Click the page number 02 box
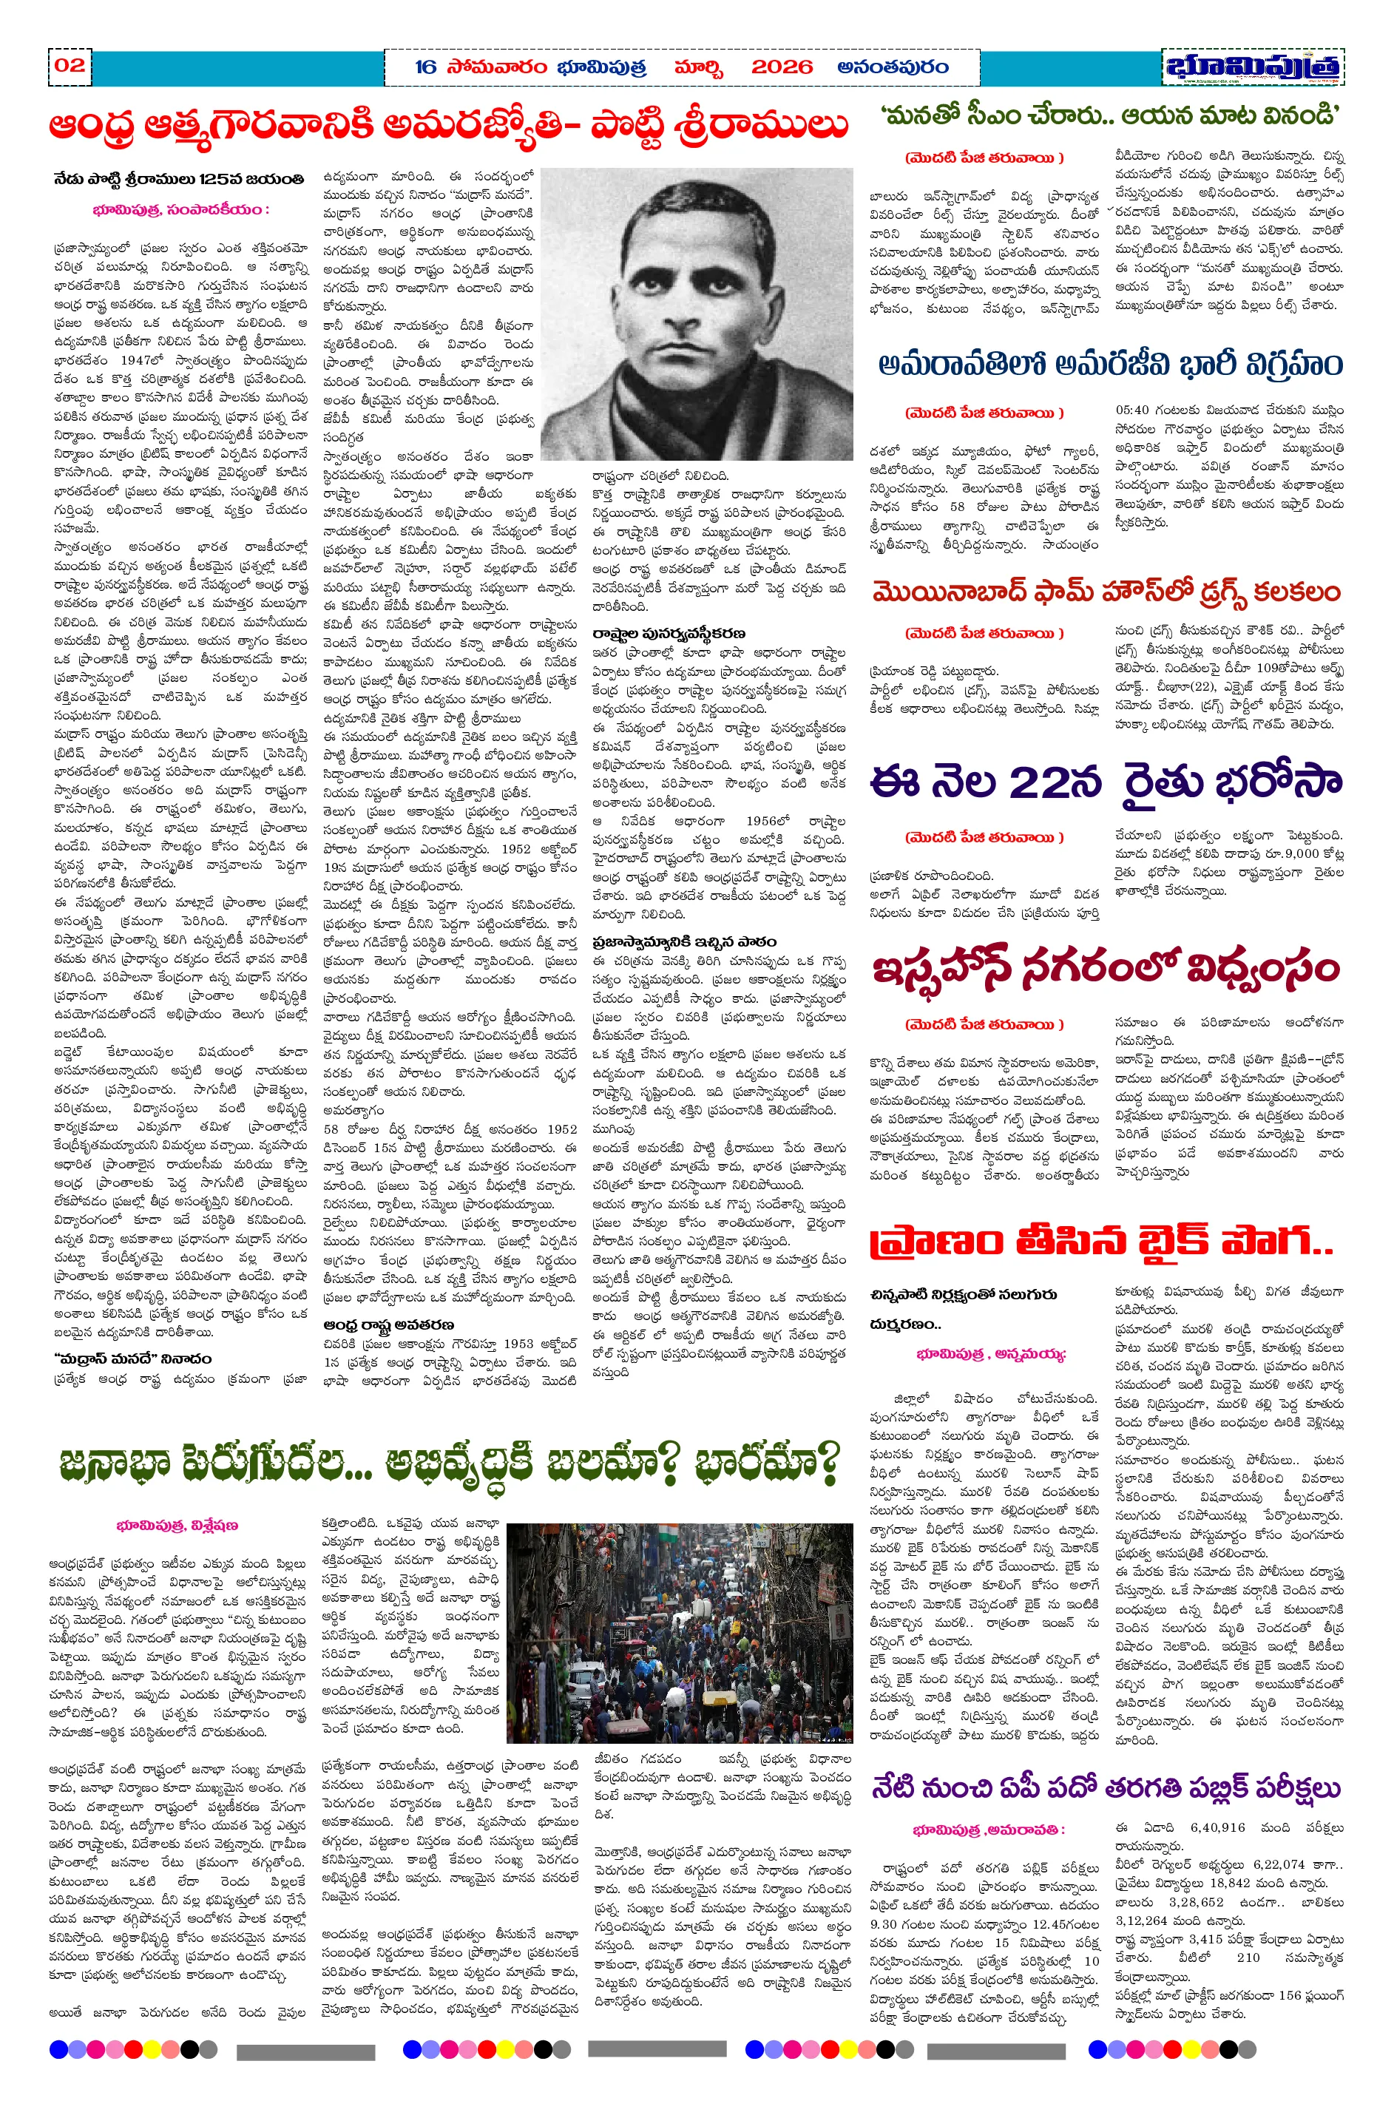point(70,65)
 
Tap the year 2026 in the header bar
point(782,67)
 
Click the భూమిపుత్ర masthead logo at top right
point(1252,67)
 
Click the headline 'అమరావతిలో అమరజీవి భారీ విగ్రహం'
point(1109,365)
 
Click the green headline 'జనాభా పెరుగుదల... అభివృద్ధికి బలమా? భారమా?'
point(449,1461)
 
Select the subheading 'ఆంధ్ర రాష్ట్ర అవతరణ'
point(388,1324)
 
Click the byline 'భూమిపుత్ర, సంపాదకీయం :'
point(180,211)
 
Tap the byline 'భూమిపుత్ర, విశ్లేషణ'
point(177,1525)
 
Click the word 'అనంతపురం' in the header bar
point(893,67)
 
